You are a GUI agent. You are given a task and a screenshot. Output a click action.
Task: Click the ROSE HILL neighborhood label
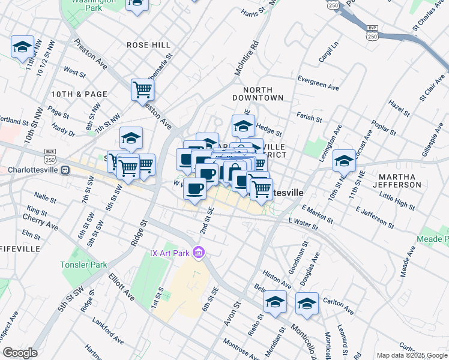click(x=148, y=45)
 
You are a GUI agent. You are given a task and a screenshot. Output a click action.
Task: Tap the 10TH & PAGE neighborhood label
click(x=79, y=94)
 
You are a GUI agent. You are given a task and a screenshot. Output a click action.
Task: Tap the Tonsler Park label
click(x=83, y=265)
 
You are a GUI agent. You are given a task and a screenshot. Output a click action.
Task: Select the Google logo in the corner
click(x=20, y=353)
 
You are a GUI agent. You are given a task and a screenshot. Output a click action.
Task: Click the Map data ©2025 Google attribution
click(x=412, y=355)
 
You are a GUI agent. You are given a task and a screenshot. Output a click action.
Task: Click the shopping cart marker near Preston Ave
click(x=142, y=90)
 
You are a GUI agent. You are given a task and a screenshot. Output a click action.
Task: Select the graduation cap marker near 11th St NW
click(x=22, y=47)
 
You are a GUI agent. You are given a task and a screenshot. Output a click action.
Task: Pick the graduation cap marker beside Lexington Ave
click(x=344, y=160)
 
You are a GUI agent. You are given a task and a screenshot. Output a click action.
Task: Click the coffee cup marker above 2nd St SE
click(x=194, y=189)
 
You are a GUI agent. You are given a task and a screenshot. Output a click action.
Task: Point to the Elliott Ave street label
click(x=122, y=287)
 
